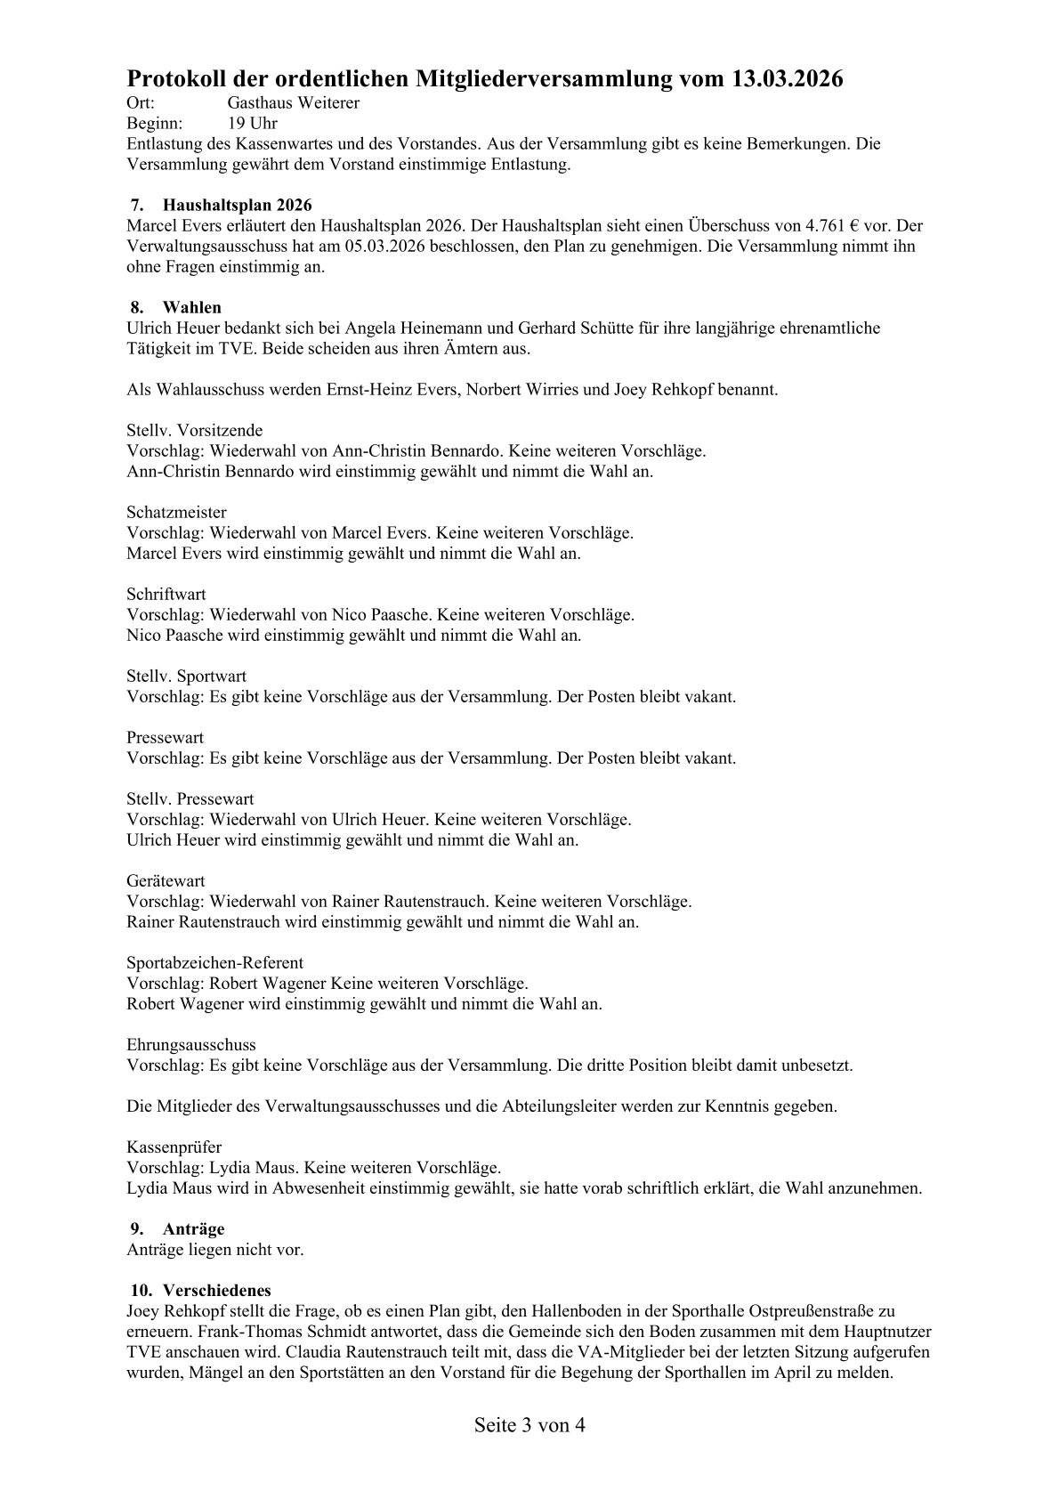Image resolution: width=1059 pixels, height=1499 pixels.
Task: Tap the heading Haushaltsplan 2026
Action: click(237, 206)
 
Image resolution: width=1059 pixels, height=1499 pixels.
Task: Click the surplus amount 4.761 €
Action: click(832, 226)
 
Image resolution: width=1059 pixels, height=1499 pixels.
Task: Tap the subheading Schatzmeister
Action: click(176, 513)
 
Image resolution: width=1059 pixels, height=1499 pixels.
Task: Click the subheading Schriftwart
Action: click(166, 595)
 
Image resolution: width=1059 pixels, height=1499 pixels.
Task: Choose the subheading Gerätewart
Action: click(166, 881)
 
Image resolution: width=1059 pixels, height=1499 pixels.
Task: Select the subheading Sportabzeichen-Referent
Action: click(214, 963)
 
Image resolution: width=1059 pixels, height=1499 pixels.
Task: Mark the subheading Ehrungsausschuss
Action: click(191, 1045)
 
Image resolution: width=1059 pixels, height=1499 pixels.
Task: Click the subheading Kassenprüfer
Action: click(174, 1147)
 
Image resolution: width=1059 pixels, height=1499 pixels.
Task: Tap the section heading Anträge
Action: click(193, 1229)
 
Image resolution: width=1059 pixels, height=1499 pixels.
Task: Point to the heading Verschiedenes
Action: click(217, 1291)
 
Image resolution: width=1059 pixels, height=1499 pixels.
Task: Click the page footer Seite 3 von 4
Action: click(529, 1425)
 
